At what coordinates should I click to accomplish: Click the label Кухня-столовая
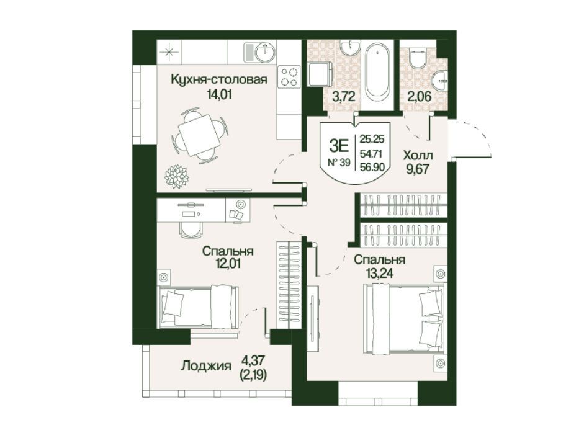[x=218, y=80]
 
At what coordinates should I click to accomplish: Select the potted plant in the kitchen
[x=177, y=176]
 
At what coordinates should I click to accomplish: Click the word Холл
[x=418, y=155]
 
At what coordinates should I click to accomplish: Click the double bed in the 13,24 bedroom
[x=404, y=318]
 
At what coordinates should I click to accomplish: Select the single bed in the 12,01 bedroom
[x=199, y=307]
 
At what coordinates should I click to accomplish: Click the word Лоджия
[x=206, y=366]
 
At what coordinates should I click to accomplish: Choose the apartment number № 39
[x=339, y=163]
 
